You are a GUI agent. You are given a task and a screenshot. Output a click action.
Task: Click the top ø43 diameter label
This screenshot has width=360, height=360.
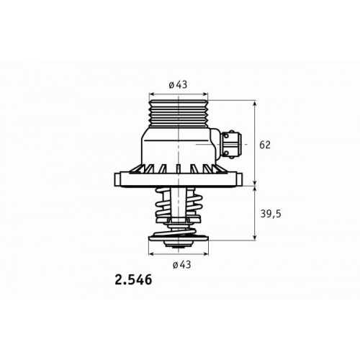[178, 85]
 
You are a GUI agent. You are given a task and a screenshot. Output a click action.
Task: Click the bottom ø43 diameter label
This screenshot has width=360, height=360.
[181, 264]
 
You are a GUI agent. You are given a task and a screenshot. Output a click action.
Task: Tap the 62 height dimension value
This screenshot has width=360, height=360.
[265, 145]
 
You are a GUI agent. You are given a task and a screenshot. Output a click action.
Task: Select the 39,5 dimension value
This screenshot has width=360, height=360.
[271, 214]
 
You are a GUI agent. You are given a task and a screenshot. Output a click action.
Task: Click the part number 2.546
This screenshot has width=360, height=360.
[133, 280]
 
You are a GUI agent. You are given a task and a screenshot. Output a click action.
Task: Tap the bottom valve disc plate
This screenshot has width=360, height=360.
[179, 238]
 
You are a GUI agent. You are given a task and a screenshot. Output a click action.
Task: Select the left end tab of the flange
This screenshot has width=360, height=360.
[117, 179]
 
